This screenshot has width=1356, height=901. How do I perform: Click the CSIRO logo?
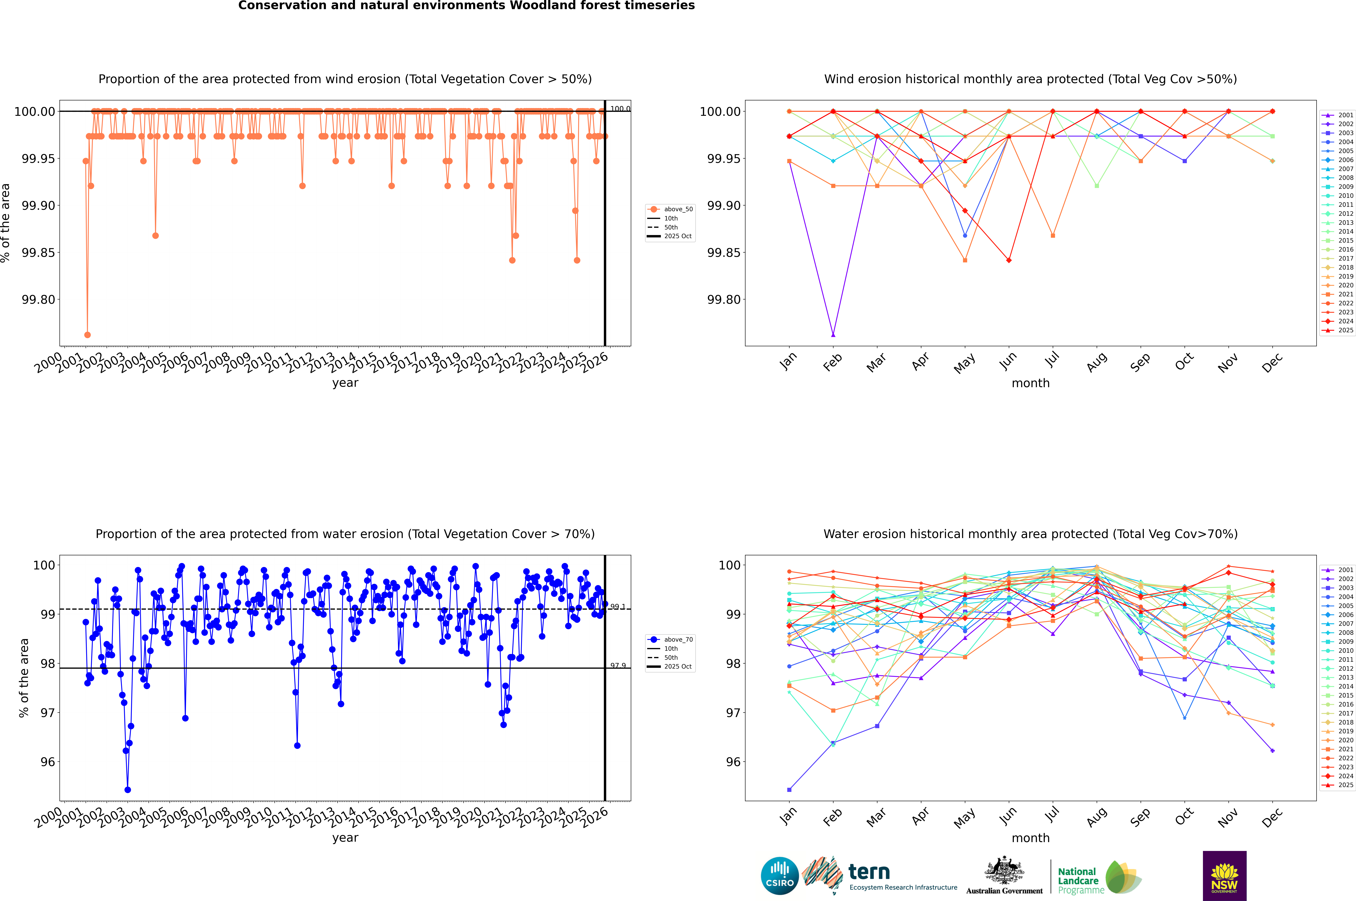[779, 876]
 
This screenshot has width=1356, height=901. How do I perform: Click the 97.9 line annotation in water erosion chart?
[618, 665]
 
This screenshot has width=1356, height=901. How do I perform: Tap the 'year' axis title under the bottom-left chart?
[345, 838]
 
